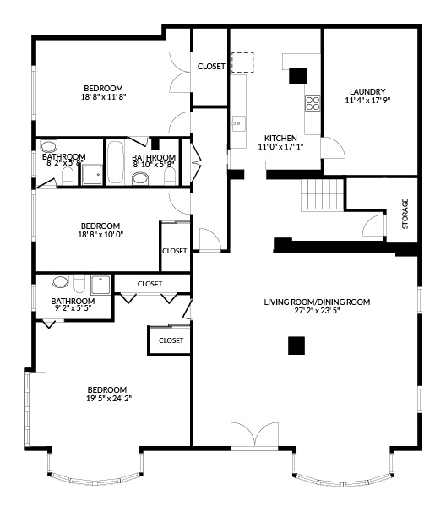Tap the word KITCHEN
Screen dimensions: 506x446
280,138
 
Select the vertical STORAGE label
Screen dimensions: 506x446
405,213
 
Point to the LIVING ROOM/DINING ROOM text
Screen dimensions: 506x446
317,302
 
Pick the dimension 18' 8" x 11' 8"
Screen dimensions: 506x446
103,97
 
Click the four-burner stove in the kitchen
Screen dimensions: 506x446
313,104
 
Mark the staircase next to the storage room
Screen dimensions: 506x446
323,197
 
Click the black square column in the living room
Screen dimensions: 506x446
295,345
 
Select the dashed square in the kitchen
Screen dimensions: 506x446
243,63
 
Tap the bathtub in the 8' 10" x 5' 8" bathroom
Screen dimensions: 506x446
115,161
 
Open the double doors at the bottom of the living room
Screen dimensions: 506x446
253,434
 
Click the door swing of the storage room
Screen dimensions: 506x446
371,226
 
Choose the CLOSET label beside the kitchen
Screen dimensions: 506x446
211,67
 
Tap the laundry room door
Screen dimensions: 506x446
336,147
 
